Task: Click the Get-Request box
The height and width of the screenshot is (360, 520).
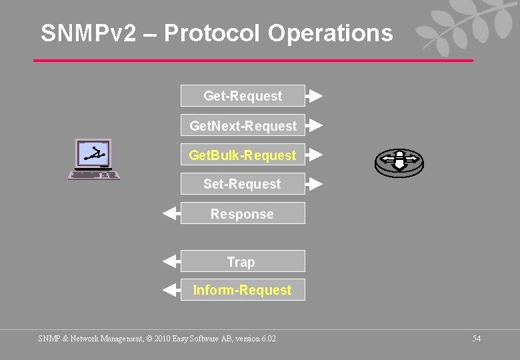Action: tap(243, 96)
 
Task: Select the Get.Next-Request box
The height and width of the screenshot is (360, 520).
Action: tap(243, 125)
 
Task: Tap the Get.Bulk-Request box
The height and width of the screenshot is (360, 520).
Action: tap(243, 155)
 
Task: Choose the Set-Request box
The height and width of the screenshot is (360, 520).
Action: tap(243, 184)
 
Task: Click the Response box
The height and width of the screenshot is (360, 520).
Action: tap(243, 213)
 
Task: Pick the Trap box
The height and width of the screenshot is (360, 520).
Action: tap(243, 261)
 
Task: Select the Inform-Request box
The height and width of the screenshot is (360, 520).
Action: tap(243, 290)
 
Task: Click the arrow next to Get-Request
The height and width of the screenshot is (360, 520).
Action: tap(315, 96)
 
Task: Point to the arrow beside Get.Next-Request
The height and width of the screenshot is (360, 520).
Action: tap(315, 125)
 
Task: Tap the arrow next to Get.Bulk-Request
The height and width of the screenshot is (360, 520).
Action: tap(315, 155)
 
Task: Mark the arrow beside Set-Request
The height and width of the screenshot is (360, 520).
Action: tap(315, 184)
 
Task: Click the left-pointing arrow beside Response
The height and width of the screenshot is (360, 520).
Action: tap(171, 213)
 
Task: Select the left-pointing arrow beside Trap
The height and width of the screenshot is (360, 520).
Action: tap(171, 261)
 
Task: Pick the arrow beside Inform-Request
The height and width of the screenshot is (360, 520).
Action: tap(171, 290)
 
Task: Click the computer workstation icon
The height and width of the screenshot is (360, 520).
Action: tap(94, 159)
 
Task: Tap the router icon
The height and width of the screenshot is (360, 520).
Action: tap(399, 162)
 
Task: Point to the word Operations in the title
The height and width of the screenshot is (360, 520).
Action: tap(331, 33)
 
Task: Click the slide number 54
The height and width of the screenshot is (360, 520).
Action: tap(477, 339)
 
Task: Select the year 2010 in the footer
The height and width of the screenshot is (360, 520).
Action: tap(163, 339)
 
